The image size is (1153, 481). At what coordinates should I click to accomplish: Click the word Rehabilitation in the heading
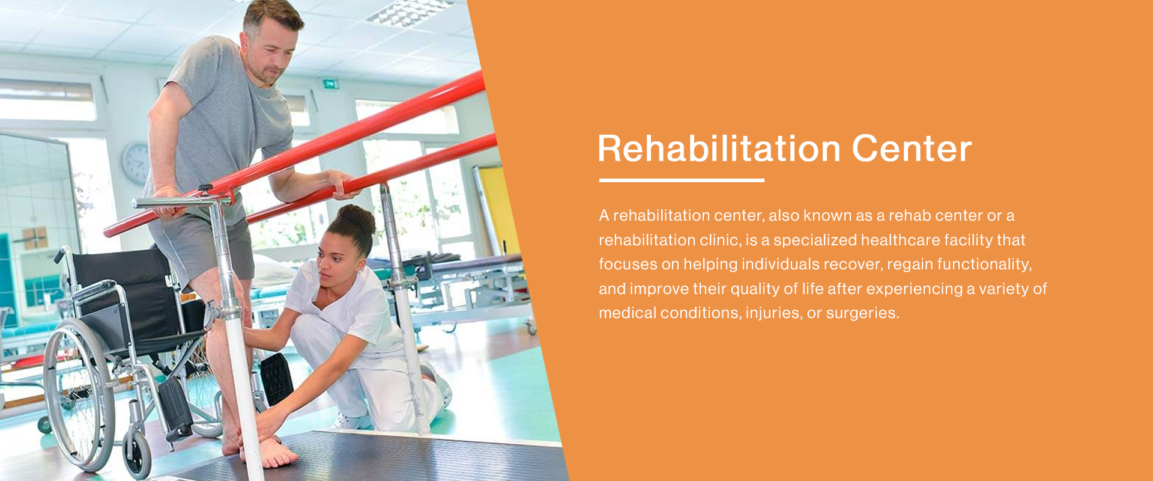pos(719,149)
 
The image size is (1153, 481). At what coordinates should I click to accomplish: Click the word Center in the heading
pos(912,149)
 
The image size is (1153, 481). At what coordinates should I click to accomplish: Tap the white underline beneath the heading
pos(682,180)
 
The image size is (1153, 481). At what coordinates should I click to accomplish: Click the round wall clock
pos(136,164)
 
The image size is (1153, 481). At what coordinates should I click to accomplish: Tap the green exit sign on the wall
pos(331,84)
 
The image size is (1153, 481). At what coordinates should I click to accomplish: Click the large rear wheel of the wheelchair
pos(78,394)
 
